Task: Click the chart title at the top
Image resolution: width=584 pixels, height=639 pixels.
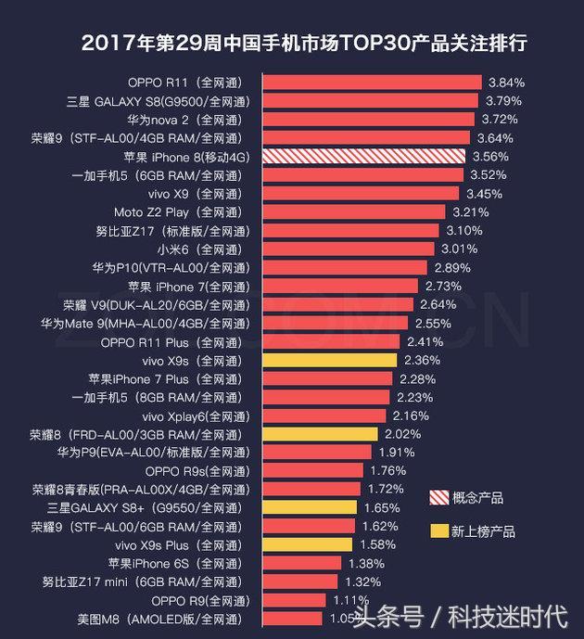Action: (311, 43)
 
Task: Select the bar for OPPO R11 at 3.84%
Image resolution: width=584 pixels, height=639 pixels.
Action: (372, 83)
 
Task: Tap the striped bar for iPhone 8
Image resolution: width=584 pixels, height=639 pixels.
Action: (364, 157)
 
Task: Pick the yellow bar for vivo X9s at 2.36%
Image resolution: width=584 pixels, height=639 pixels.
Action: (330, 360)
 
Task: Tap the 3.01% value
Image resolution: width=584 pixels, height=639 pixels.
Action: (459, 249)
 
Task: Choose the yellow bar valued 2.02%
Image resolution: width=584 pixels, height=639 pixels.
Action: (320, 433)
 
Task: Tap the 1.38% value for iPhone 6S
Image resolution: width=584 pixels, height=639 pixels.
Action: (366, 563)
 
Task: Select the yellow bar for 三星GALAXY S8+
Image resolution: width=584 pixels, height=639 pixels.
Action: (310, 507)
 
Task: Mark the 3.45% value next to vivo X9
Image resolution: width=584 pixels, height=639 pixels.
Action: (484, 194)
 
